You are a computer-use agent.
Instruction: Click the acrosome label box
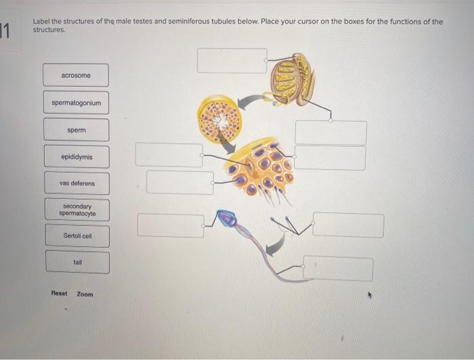tap(75, 75)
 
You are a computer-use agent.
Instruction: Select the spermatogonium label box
tap(76, 103)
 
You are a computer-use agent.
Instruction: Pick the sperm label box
tap(77, 129)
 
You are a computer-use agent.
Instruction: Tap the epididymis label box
tap(77, 157)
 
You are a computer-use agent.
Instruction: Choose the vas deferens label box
tap(77, 183)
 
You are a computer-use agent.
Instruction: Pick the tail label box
tap(78, 262)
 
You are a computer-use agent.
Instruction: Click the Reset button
tap(59, 294)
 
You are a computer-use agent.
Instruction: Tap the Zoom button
tap(85, 294)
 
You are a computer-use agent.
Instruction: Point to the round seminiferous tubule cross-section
tap(219, 118)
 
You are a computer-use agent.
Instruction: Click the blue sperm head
tap(228, 218)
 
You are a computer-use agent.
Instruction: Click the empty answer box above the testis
tap(232, 61)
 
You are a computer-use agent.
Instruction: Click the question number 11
tap(6, 31)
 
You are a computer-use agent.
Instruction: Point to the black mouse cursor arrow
tap(370, 295)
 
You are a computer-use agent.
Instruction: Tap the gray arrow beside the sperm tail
tap(275, 248)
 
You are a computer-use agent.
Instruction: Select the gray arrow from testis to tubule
tap(253, 101)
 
